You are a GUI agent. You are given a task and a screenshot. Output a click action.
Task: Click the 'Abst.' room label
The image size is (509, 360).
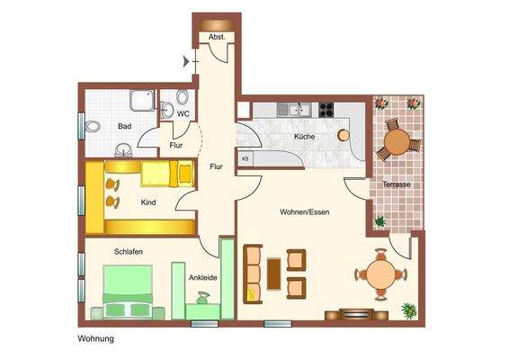217,37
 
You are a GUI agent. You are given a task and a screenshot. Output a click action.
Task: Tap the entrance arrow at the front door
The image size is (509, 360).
186,61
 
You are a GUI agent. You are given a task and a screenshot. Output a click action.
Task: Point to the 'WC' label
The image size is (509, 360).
183,114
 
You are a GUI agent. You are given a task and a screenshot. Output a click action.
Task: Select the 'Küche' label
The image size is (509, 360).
304,136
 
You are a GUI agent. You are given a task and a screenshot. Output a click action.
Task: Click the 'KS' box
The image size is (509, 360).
245,158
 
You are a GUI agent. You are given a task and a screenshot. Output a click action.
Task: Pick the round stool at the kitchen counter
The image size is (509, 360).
343,135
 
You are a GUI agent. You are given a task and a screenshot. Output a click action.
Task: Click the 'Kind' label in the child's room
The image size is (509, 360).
148,202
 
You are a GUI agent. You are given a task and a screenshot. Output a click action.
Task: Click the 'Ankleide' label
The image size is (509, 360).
203,278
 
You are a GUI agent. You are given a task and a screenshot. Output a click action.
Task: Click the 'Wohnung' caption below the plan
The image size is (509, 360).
95,339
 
